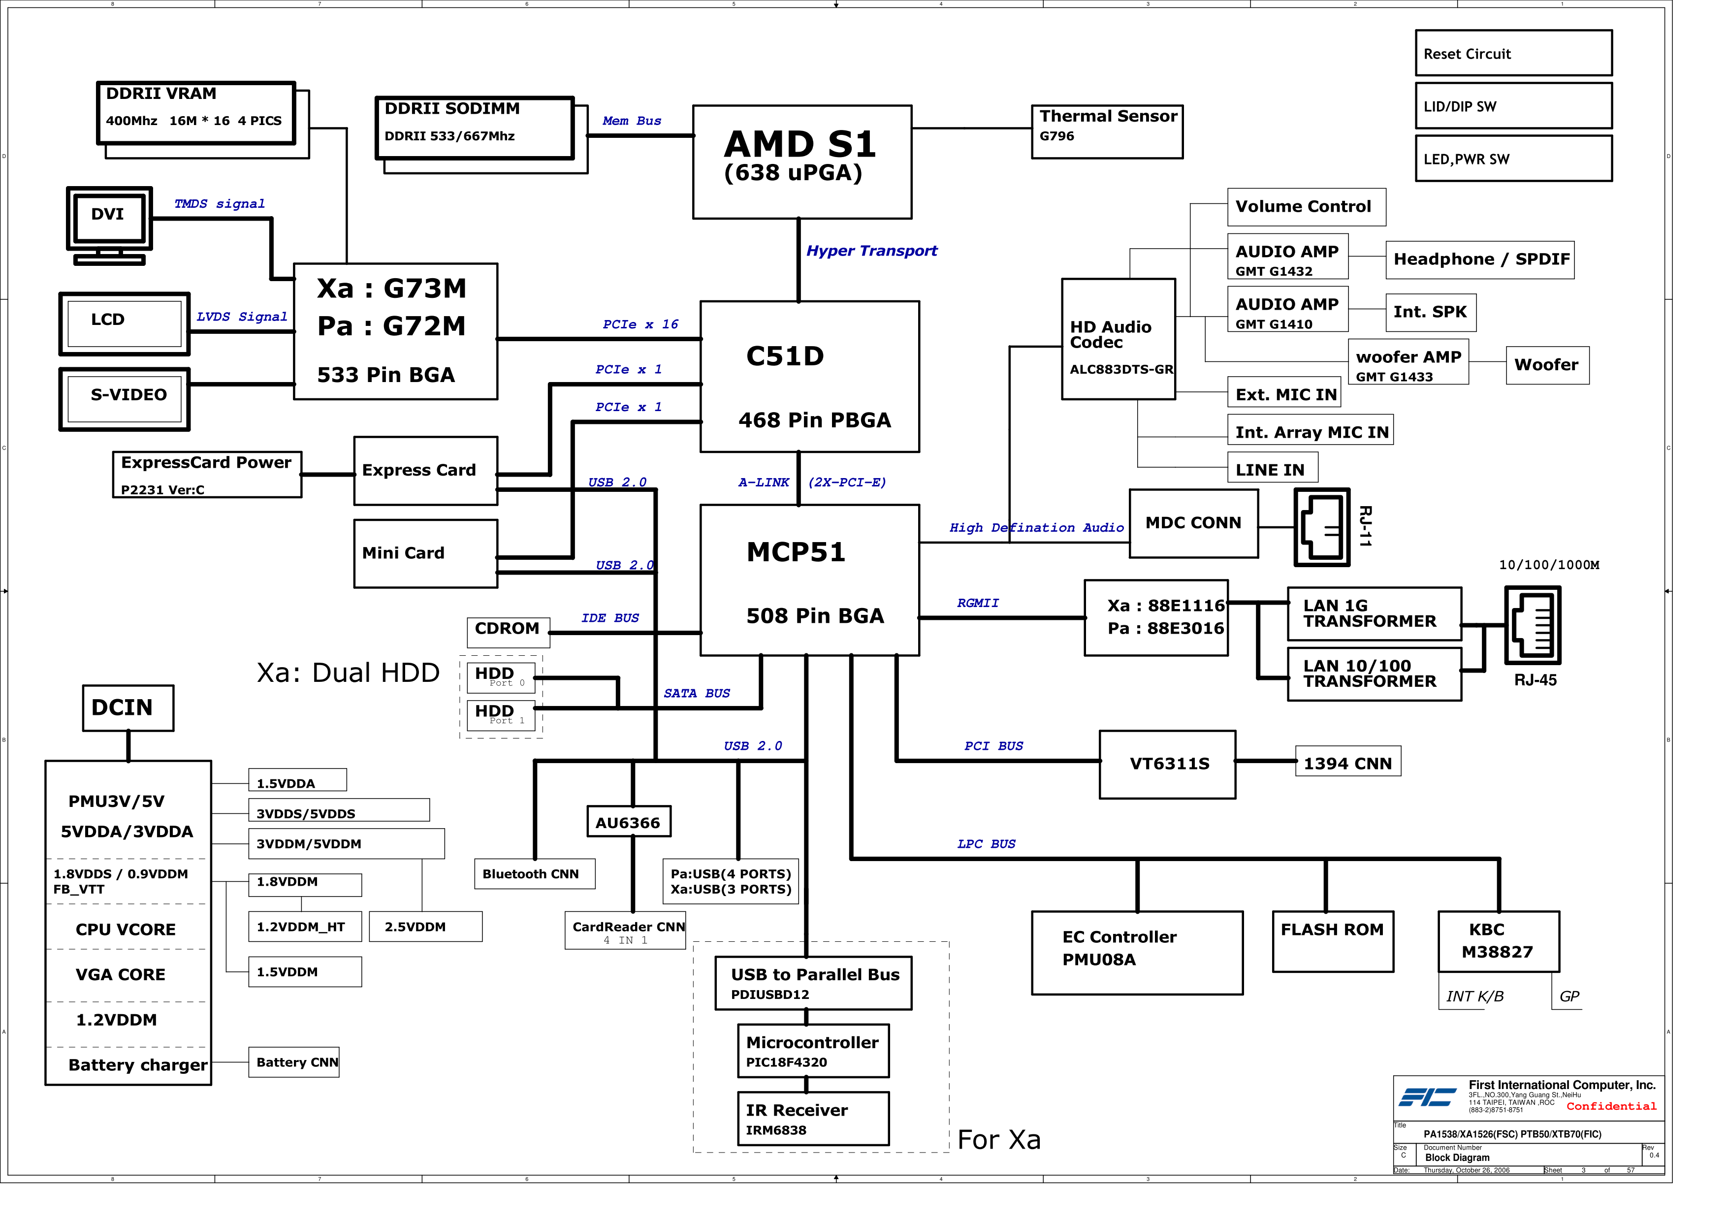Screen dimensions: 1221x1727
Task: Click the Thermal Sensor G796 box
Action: coord(1106,131)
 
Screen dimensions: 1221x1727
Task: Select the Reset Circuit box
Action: coord(1513,53)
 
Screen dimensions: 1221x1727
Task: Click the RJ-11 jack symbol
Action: coord(1321,527)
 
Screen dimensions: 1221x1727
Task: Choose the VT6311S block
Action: coord(1167,764)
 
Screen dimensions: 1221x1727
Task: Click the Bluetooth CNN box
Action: coord(534,873)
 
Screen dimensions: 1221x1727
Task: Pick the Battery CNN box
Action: coord(293,1061)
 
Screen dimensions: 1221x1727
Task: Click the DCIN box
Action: coord(128,707)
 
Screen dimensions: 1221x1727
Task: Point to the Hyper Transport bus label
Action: coord(871,251)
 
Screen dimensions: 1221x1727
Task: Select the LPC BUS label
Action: coord(986,843)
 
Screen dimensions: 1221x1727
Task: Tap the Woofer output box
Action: coord(1546,365)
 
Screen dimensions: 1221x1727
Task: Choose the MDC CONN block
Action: coord(1193,523)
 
